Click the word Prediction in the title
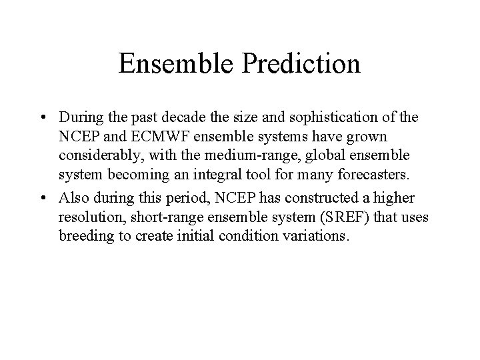point(302,65)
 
